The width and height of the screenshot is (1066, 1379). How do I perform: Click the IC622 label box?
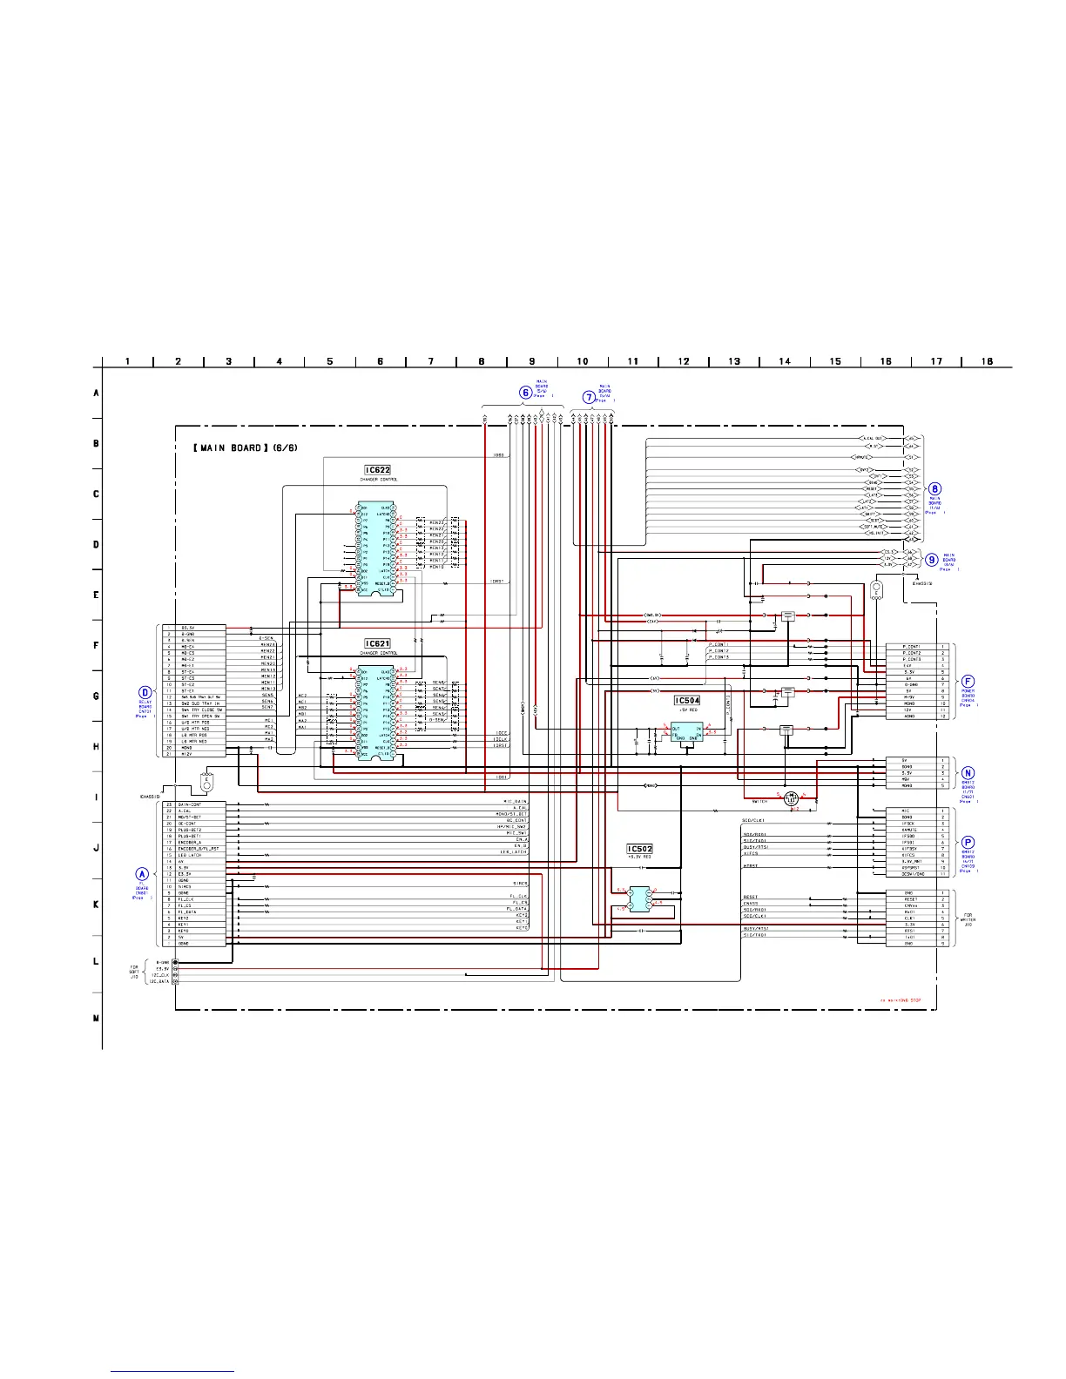[x=377, y=470]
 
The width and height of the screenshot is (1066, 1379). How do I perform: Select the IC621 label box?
[x=377, y=644]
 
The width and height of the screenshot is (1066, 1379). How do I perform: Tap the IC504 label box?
[x=687, y=700]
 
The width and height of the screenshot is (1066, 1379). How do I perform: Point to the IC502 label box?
[x=639, y=849]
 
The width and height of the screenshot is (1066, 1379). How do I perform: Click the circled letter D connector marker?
[x=145, y=693]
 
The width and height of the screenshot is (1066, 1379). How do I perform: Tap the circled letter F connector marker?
[x=968, y=682]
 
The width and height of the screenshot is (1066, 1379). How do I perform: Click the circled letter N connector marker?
[x=968, y=772]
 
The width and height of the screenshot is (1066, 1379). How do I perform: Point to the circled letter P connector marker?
[x=968, y=843]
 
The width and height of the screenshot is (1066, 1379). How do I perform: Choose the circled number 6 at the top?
[x=526, y=393]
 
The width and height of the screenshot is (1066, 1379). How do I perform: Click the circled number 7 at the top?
[x=589, y=397]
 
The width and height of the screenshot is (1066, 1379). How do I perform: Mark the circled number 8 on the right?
[x=934, y=489]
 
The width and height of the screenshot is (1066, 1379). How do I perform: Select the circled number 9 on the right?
[x=932, y=560]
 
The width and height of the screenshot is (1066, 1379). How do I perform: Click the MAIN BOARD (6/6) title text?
[x=233, y=447]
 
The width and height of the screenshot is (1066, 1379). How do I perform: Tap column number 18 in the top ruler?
[x=987, y=361]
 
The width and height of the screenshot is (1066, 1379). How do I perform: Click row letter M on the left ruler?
[x=96, y=1019]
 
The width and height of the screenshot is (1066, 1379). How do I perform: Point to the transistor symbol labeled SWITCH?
[x=791, y=797]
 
